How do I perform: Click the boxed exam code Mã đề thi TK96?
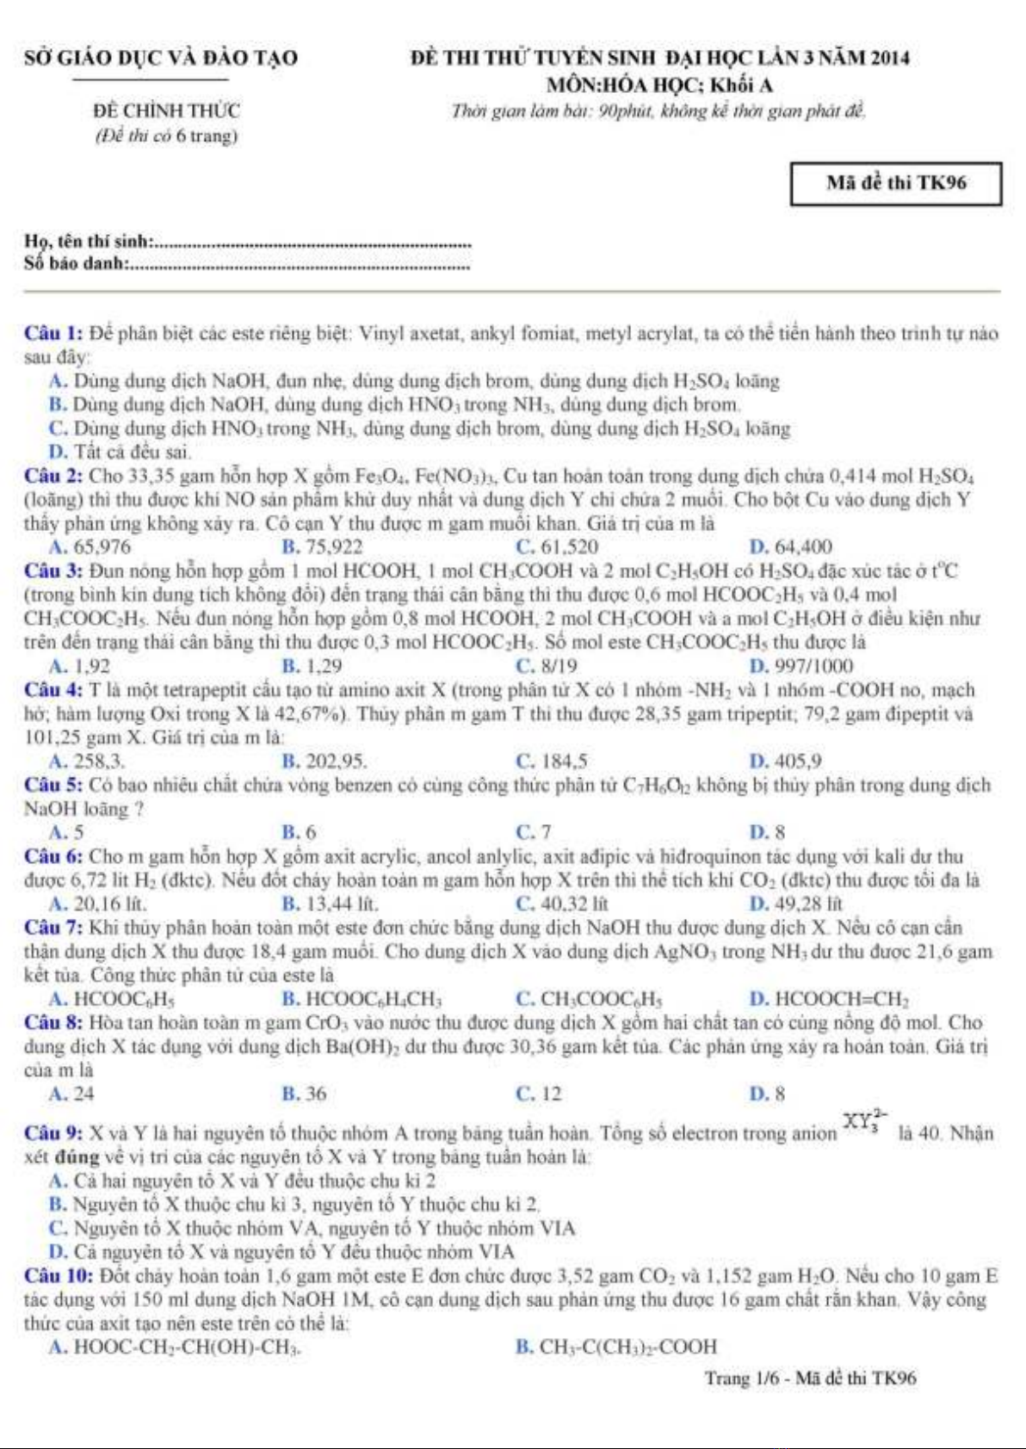pos(895,183)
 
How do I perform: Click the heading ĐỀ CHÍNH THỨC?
pos(167,111)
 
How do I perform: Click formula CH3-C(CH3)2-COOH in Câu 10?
pos(627,1347)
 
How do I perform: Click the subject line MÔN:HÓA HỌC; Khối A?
pos(660,85)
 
